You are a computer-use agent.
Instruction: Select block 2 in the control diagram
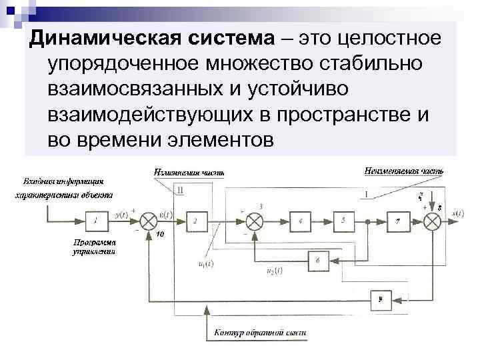click(195, 219)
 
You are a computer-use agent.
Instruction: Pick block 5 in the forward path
click(343, 219)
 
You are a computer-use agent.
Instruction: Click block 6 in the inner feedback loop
click(318, 261)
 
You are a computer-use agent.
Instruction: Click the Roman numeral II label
click(181, 190)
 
